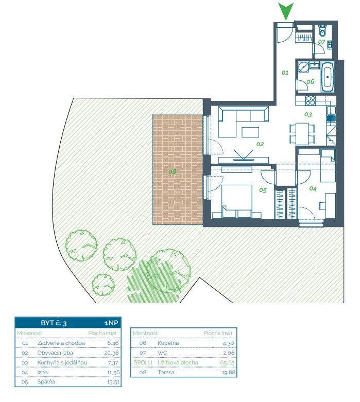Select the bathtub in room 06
point(328,77)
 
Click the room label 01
point(285,73)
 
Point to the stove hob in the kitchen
point(311,100)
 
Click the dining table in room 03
point(302,134)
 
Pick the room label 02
point(260,144)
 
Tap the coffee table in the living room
point(250,132)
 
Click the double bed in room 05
point(236,202)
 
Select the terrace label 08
point(173,171)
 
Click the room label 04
point(313,189)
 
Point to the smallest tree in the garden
point(103,285)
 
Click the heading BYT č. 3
point(54,323)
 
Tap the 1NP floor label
point(111,323)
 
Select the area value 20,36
point(111,353)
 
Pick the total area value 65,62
point(227,362)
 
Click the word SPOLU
point(143,362)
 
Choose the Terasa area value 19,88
point(228,372)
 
